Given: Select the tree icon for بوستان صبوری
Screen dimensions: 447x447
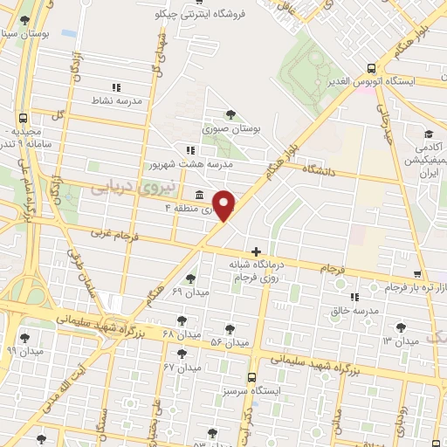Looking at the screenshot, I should point(230,113).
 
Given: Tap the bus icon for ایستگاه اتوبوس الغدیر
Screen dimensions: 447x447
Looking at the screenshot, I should point(372,68).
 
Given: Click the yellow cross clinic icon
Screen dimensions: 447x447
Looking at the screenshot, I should point(255,251).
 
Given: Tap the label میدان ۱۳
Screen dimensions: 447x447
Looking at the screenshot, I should point(401,341).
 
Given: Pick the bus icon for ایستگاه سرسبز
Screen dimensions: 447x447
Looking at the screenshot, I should point(251,378).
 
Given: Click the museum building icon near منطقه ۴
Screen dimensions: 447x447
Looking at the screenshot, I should point(201,194).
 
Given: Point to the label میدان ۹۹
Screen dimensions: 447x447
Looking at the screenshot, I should point(24,350).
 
